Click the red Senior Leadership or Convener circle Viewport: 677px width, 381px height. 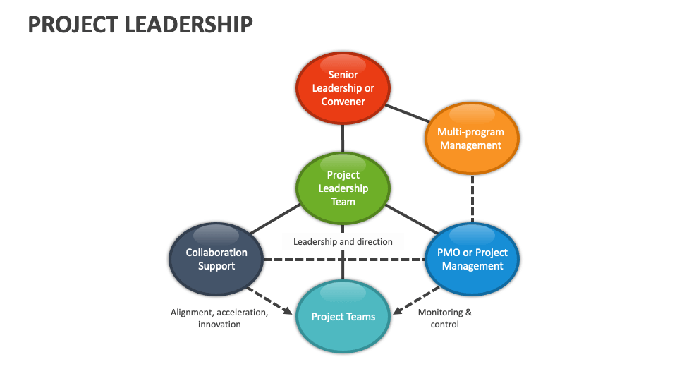click(343, 88)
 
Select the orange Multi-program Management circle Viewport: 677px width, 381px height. click(472, 138)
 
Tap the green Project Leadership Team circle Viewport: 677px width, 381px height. click(343, 188)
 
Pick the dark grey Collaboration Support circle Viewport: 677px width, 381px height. click(216, 259)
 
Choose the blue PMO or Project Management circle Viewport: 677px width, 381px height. click(472, 259)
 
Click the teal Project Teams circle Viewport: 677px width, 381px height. click(343, 317)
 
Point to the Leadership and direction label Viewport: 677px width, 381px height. click(343, 241)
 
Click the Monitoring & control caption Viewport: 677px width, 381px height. click(444, 318)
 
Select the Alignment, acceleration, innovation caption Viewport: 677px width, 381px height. click(219, 318)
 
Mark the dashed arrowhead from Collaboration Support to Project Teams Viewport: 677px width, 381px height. click(287, 311)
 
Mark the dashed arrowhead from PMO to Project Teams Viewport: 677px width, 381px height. click(398, 311)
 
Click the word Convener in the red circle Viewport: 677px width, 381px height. click(343, 102)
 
